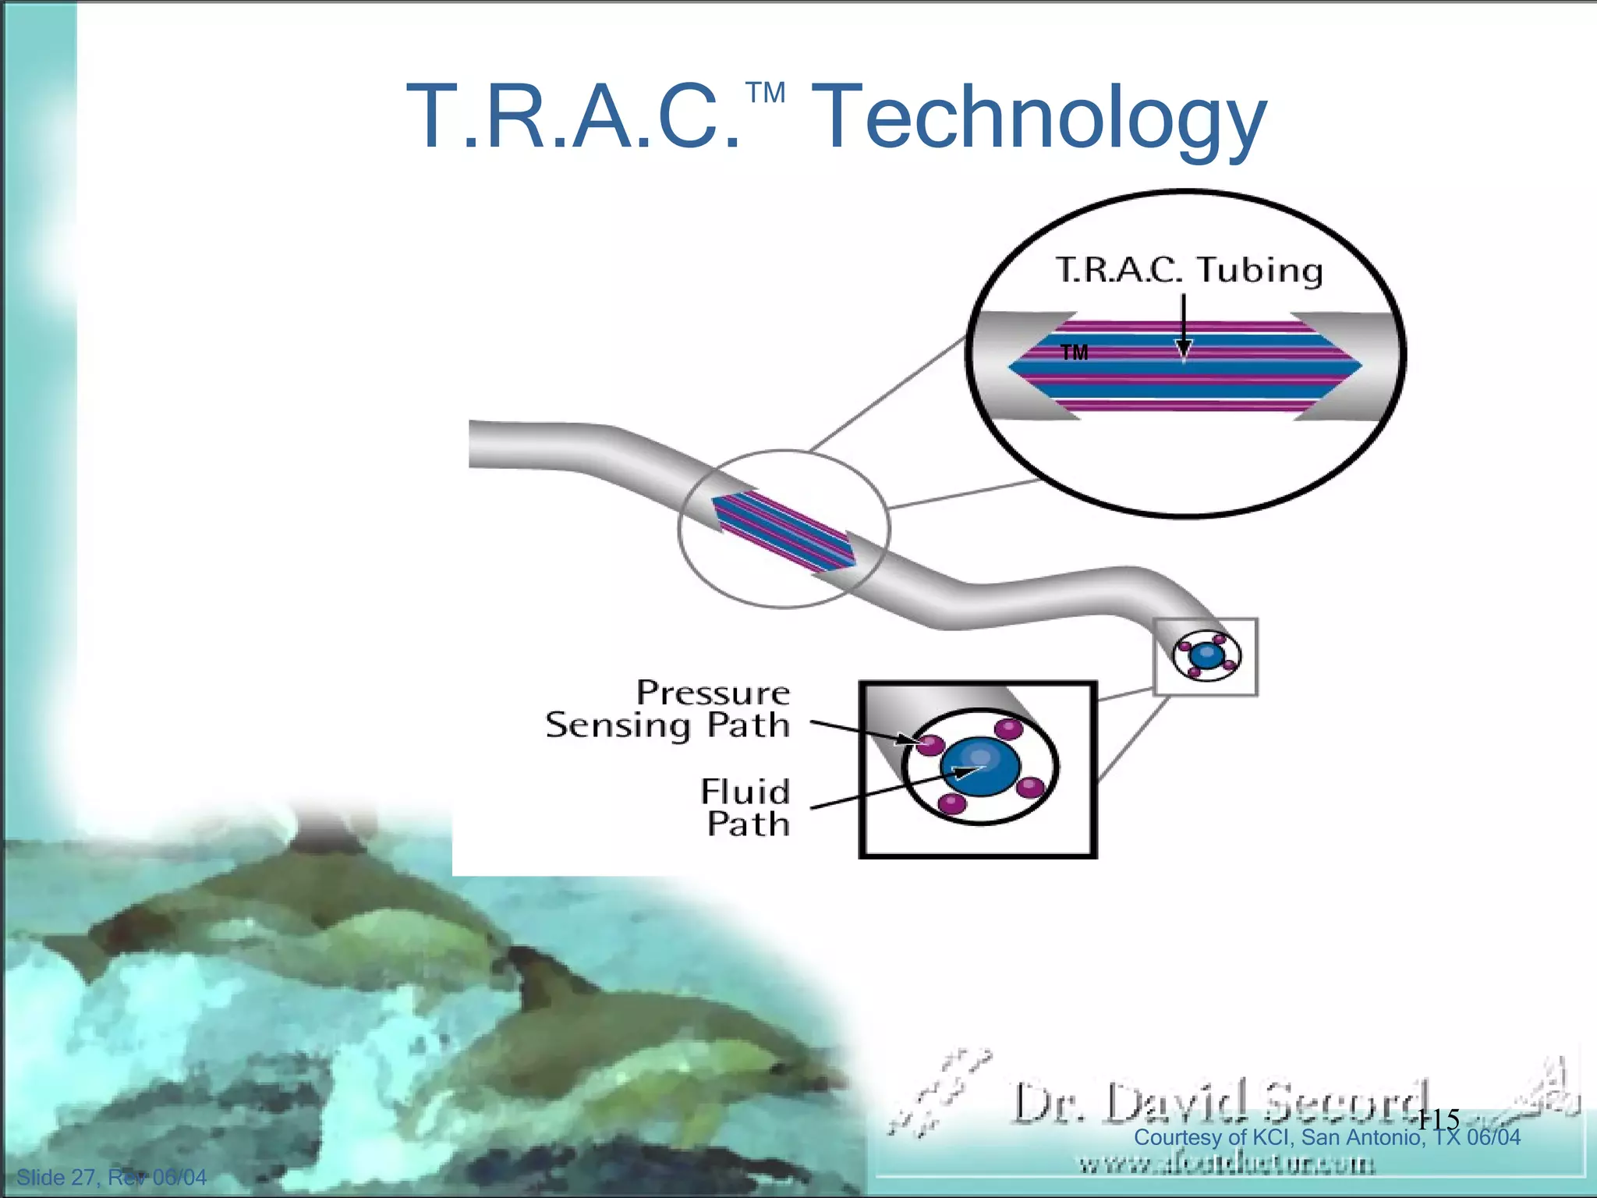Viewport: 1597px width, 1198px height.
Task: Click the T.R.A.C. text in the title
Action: (x=574, y=119)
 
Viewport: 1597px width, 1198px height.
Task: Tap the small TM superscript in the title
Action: (x=765, y=94)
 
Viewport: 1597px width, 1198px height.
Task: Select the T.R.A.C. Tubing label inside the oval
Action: (x=1188, y=270)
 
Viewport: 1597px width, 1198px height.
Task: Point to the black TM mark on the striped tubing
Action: (x=1074, y=353)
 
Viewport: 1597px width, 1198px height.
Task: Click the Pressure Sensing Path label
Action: (x=668, y=709)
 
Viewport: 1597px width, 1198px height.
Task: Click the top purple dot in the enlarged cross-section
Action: (x=1009, y=728)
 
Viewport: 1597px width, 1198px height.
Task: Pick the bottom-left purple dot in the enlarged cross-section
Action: (x=951, y=803)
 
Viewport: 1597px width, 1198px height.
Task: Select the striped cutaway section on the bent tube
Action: (x=783, y=531)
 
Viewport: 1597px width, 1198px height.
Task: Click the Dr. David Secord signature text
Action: (x=1216, y=1101)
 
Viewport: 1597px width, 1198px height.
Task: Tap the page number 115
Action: (x=1437, y=1119)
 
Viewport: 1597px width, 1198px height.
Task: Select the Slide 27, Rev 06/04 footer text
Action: (x=112, y=1177)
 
